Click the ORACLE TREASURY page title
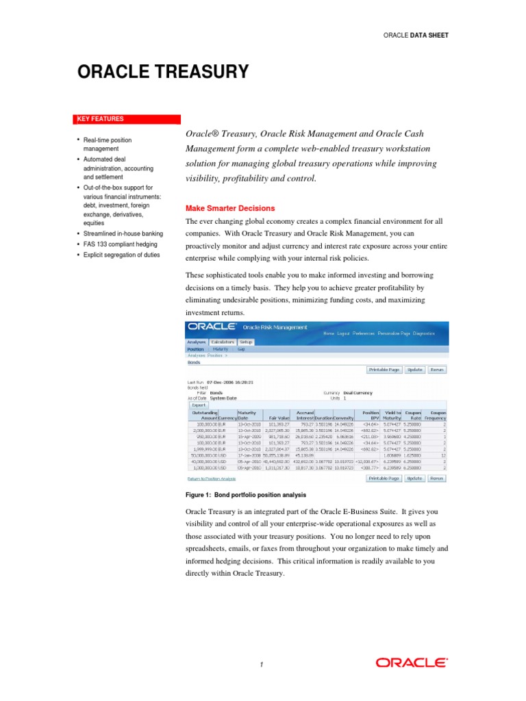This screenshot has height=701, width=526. [162, 72]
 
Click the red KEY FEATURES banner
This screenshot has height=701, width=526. [101, 119]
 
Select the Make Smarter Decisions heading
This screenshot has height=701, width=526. [230, 208]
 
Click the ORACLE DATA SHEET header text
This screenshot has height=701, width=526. [416, 35]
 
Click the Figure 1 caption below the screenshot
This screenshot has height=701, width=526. [246, 495]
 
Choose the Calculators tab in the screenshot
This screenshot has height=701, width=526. [223, 342]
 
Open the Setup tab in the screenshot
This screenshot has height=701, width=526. [247, 342]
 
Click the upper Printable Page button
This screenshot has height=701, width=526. [384, 370]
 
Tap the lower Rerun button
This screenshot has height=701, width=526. [437, 479]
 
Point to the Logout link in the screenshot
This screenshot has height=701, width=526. [343, 333]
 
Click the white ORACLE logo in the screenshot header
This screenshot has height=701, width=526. [212, 327]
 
